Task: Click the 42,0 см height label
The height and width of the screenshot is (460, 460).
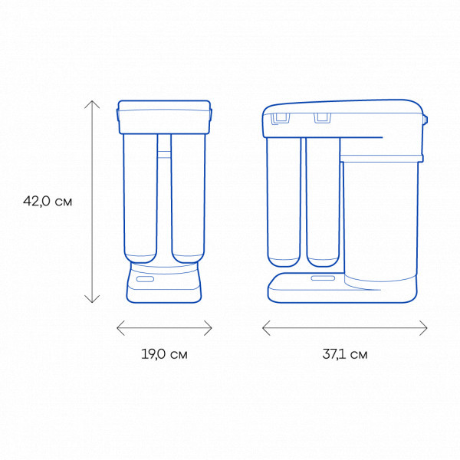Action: pyautogui.click(x=48, y=201)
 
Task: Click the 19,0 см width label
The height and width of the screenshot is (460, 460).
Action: pyautogui.click(x=164, y=354)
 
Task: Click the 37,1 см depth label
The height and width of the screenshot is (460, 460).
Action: pyautogui.click(x=345, y=354)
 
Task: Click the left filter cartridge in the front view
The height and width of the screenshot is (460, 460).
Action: pyautogui.click(x=140, y=199)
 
